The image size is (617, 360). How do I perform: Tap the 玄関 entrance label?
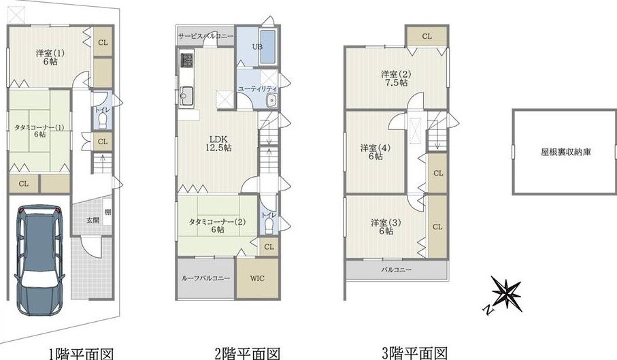click(x=93, y=220)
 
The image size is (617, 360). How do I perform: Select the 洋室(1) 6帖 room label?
click(x=50, y=57)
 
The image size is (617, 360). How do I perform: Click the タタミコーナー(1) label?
click(x=39, y=131)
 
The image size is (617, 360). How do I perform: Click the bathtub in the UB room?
click(x=268, y=46)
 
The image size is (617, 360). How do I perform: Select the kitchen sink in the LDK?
click(x=186, y=95)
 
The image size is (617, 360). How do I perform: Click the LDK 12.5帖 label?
click(x=218, y=144)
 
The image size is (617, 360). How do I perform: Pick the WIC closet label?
click(x=257, y=278)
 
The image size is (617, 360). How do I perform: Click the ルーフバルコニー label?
click(x=205, y=278)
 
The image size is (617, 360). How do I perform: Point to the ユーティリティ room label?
click(x=257, y=89)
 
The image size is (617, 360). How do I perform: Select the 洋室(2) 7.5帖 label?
click(x=396, y=78)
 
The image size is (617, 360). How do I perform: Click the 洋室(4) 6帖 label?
click(x=376, y=152)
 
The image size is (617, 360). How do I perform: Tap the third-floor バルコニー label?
click(x=396, y=270)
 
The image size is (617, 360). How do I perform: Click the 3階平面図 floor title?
click(x=414, y=353)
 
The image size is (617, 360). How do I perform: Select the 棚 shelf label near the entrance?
click(x=107, y=212)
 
